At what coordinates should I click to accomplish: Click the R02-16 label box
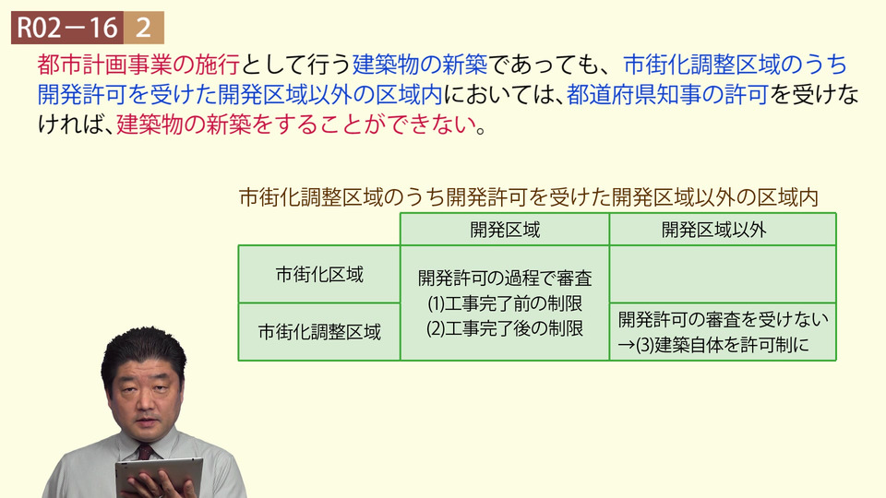point(67,28)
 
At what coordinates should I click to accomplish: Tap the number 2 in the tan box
point(144,28)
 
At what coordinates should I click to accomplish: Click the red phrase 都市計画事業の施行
point(138,65)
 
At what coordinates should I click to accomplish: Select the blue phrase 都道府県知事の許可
point(667,94)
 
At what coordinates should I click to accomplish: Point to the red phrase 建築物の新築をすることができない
point(296,125)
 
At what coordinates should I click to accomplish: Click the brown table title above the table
point(529,197)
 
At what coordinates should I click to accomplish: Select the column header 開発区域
point(505,230)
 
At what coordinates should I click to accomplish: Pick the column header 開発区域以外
point(713,230)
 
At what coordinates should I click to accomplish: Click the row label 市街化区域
point(319,275)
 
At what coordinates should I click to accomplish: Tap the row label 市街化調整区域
point(319,331)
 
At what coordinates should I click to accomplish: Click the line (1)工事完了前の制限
point(505,303)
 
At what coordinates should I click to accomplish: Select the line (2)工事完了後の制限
point(505,328)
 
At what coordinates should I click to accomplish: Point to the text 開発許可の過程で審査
point(505,278)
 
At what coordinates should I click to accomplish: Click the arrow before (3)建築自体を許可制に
point(626,345)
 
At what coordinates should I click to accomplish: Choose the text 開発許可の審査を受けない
point(723,319)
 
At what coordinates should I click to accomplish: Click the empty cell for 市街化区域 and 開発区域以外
point(723,275)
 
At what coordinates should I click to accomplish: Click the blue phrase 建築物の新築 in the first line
point(420,65)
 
